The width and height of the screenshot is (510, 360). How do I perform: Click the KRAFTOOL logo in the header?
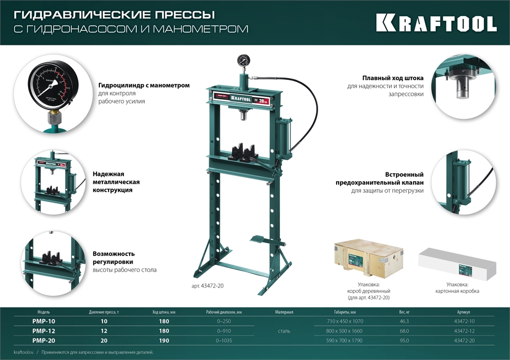click(x=436, y=23)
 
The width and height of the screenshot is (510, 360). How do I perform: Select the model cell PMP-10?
click(x=44, y=322)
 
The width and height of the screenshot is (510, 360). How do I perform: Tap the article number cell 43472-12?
click(x=465, y=331)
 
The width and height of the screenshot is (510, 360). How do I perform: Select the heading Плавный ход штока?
click(x=393, y=79)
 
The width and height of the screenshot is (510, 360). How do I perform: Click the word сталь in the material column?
click(x=284, y=331)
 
